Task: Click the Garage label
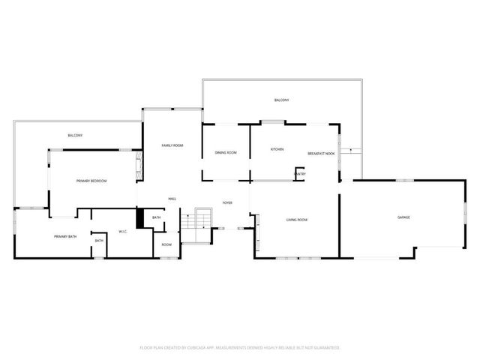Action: click(x=403, y=217)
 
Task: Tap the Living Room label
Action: click(x=297, y=220)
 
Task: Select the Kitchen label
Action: click(x=277, y=149)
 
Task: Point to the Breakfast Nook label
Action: click(x=320, y=154)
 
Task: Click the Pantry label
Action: click(x=299, y=174)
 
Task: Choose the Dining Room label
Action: click(x=226, y=153)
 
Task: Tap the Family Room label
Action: click(x=172, y=145)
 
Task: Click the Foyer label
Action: click(x=226, y=203)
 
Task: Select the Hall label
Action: click(x=172, y=199)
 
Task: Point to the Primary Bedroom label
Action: click(x=91, y=181)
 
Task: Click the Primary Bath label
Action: click(x=65, y=237)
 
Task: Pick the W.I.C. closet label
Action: click(x=124, y=231)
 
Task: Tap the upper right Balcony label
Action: click(x=281, y=100)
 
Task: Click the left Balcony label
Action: click(x=75, y=135)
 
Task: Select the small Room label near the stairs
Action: click(x=166, y=244)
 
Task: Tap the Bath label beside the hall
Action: click(x=157, y=217)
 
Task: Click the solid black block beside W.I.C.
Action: click(x=139, y=218)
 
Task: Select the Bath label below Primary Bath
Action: click(x=99, y=241)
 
